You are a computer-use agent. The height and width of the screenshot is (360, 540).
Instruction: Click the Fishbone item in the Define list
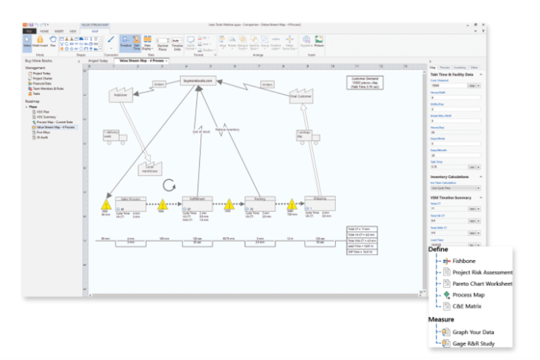click(463, 261)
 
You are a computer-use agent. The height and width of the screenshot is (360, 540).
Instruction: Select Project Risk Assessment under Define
click(482, 272)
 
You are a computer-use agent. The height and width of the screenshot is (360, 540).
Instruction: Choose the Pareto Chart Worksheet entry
click(482, 284)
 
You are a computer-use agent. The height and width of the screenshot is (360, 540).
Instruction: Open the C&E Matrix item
click(466, 306)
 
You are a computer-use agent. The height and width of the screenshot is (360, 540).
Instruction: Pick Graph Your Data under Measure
click(473, 332)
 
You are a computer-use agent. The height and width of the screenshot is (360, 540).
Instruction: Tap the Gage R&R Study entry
click(473, 343)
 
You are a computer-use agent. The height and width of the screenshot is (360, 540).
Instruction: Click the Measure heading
click(441, 319)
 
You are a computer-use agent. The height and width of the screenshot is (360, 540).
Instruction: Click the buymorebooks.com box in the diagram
click(198, 80)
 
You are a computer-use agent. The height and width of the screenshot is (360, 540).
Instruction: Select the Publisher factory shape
click(120, 94)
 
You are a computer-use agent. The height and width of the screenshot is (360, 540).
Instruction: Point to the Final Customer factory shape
click(301, 96)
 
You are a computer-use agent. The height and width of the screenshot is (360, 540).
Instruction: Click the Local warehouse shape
click(149, 169)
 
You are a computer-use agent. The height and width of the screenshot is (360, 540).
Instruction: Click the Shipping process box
click(320, 203)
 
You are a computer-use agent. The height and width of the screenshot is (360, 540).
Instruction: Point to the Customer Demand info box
click(364, 82)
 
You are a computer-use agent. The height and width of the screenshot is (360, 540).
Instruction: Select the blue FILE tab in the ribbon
click(29, 31)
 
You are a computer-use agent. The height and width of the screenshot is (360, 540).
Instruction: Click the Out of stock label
click(201, 131)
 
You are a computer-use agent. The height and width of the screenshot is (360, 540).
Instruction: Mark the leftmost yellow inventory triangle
click(106, 204)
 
